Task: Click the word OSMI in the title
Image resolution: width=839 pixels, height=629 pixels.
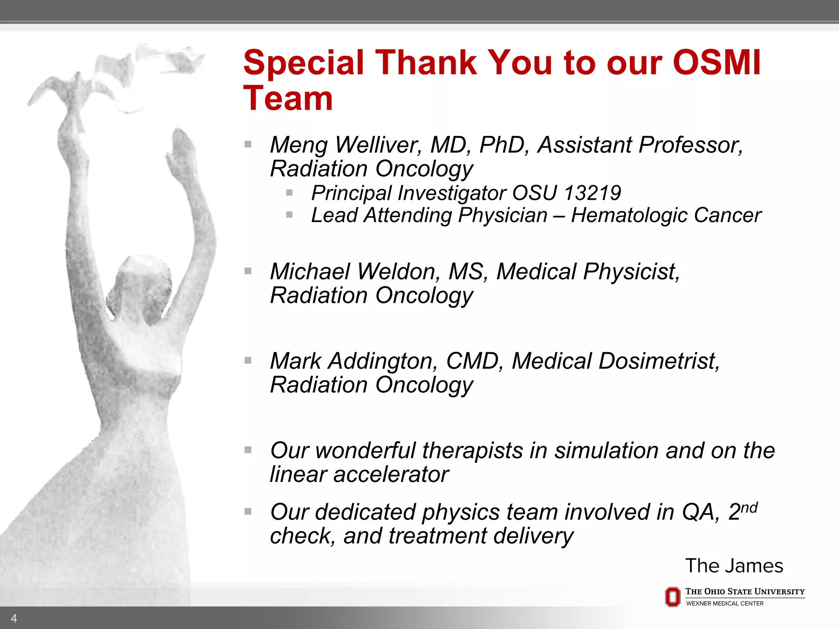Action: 717,62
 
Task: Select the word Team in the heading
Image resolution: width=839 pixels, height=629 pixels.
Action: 288,99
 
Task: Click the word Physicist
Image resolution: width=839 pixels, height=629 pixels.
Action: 629,272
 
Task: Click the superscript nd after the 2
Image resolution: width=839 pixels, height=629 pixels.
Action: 749,508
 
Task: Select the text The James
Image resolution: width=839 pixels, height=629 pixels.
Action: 734,566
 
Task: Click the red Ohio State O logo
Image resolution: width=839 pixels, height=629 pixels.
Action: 672,597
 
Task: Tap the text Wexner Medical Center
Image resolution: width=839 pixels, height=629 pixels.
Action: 725,604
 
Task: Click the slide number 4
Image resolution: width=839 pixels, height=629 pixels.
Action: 14,618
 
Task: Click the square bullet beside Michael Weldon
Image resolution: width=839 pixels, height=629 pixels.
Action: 248,271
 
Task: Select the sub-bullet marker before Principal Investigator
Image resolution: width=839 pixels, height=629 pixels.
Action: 289,192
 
